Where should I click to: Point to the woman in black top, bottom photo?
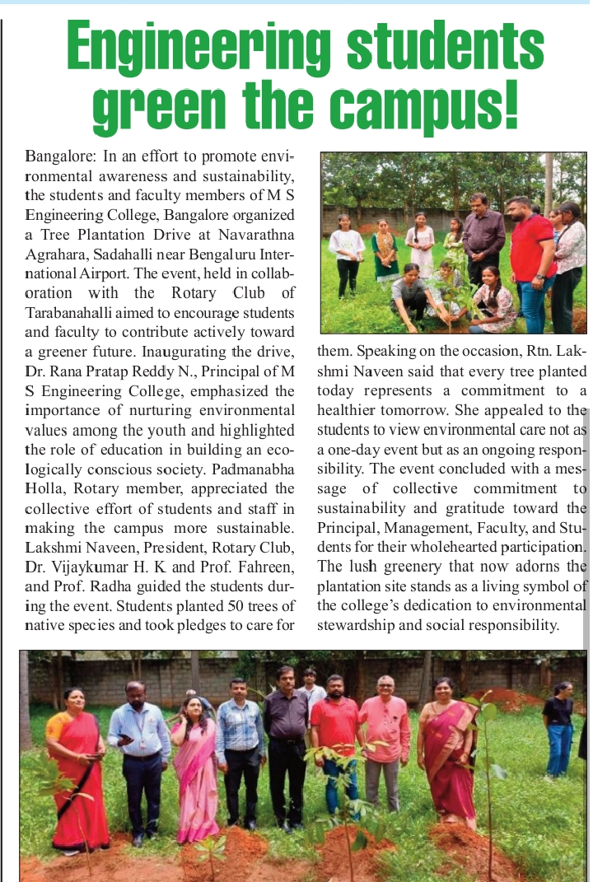pyautogui.click(x=559, y=725)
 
